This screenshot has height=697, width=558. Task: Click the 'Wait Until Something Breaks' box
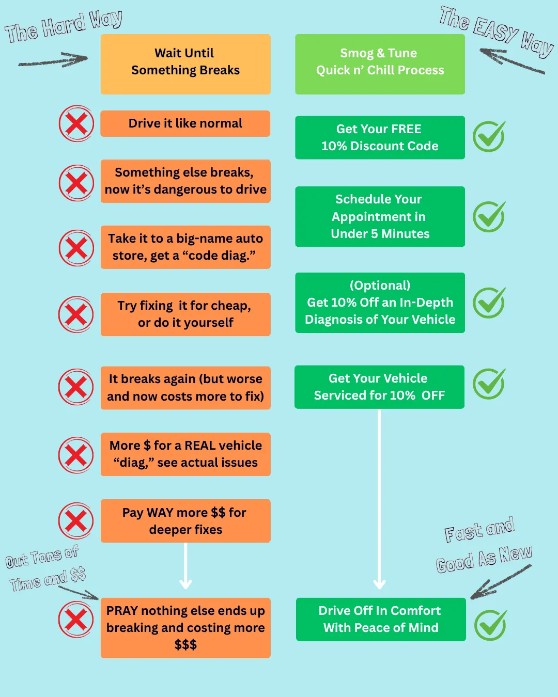click(x=185, y=64)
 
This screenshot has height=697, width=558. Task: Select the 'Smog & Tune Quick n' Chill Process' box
click(x=380, y=64)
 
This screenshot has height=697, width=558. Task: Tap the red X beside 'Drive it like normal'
click(x=76, y=123)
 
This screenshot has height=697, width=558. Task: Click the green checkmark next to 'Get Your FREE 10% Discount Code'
click(x=489, y=136)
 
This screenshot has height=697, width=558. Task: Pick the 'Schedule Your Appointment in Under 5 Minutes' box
click(x=380, y=216)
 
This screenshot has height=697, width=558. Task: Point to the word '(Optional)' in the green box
click(x=380, y=286)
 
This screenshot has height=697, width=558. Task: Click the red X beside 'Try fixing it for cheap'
click(x=76, y=314)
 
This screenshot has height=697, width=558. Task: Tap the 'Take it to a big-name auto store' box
click(x=185, y=247)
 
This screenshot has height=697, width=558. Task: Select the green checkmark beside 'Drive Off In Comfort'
click(x=490, y=625)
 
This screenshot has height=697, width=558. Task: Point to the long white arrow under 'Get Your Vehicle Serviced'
click(x=379, y=499)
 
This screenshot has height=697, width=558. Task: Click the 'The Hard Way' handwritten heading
click(x=64, y=26)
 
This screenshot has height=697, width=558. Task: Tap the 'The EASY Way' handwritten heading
click(x=497, y=31)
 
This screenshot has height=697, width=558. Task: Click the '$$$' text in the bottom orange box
click(x=185, y=644)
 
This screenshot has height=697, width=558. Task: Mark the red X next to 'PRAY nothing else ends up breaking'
click(x=76, y=619)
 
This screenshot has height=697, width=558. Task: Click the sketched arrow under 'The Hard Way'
click(x=53, y=59)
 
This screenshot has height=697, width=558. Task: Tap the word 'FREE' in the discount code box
click(x=406, y=129)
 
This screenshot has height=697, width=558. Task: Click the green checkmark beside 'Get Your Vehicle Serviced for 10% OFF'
click(x=489, y=384)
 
